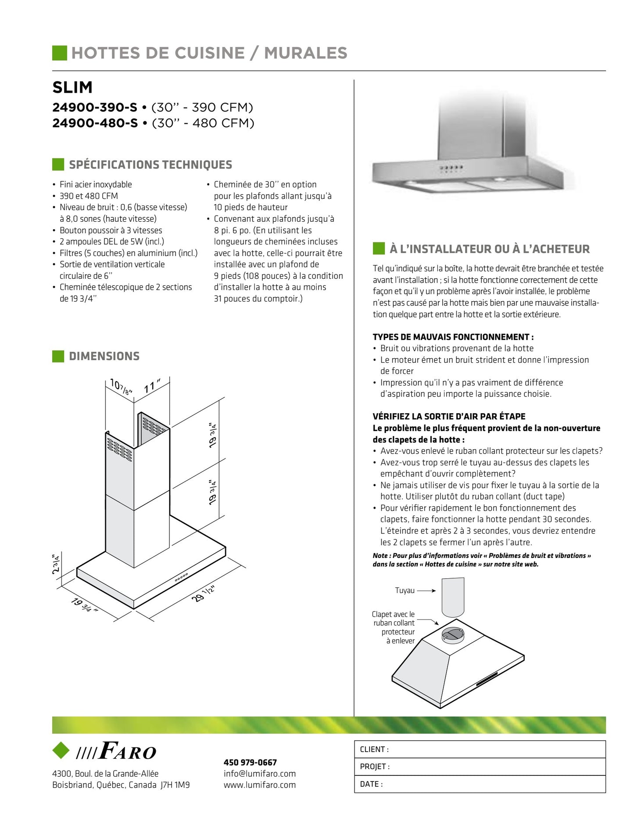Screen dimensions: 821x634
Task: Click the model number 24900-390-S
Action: (95, 108)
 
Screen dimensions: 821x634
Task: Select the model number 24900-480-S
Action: (95, 123)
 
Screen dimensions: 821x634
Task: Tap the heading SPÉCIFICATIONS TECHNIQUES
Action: (150, 165)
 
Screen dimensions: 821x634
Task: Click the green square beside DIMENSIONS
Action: (58, 356)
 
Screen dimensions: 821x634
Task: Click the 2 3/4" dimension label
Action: (56, 564)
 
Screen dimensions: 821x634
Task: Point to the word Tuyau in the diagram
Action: (405, 591)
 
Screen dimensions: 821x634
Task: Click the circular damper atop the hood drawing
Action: (452, 634)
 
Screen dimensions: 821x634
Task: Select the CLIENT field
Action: (480, 749)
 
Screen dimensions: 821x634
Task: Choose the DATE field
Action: (480, 784)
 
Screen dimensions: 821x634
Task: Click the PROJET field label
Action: (374, 767)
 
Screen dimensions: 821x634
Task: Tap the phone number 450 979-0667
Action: (250, 763)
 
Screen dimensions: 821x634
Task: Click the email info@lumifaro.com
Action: (259, 774)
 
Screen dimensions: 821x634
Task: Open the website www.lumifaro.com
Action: (259, 785)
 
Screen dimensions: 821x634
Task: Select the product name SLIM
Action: (72, 87)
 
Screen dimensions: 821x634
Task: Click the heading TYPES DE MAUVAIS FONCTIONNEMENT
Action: (453, 337)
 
